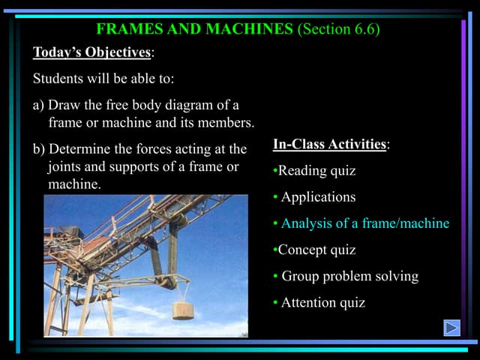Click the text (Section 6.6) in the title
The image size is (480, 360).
[x=338, y=30]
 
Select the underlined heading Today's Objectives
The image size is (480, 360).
[x=91, y=53]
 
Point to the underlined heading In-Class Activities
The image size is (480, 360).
[x=329, y=144]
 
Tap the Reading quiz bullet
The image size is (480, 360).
[x=316, y=171]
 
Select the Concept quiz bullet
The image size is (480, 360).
[x=316, y=250]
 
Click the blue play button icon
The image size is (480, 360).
[x=451, y=327]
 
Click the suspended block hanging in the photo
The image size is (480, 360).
[x=186, y=309]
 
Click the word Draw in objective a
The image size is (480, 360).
[x=62, y=104]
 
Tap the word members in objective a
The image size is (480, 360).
[x=229, y=121]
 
